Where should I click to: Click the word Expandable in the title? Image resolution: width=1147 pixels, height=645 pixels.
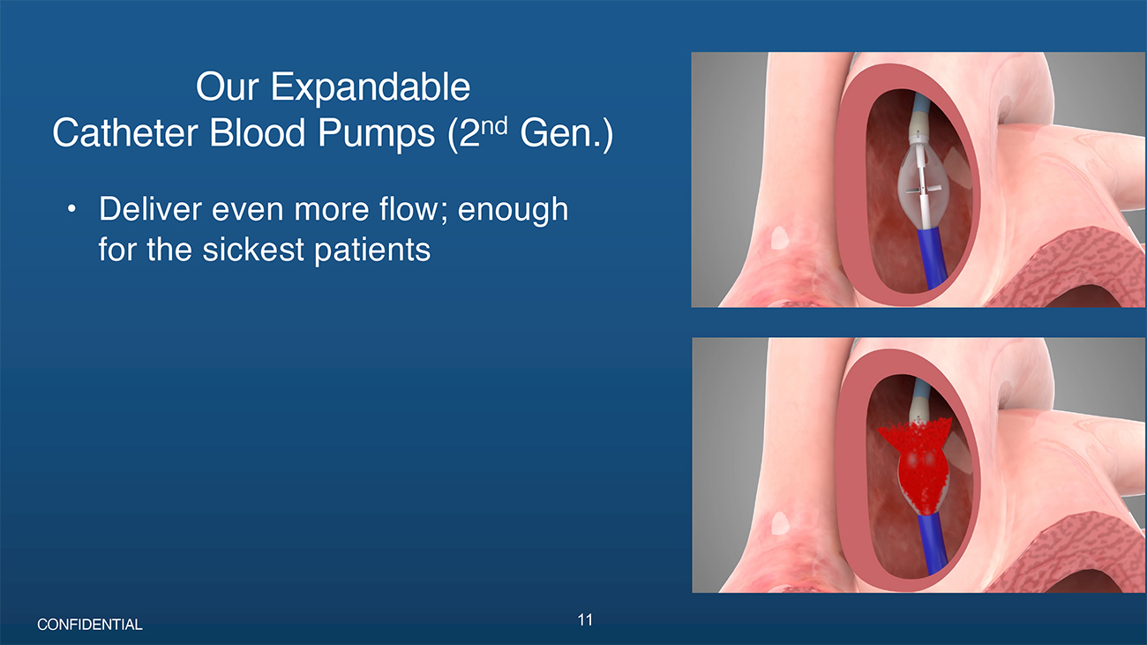coord(371,88)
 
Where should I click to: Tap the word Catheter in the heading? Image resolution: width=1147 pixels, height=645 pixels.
coord(124,133)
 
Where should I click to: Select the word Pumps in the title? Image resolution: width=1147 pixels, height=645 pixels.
coord(377,134)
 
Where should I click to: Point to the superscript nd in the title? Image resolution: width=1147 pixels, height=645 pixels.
coord(494,125)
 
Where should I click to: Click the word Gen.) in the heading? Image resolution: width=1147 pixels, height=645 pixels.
coord(566,134)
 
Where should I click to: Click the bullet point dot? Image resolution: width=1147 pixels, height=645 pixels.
coord(71,209)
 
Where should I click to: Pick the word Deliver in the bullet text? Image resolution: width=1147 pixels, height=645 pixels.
coord(151,209)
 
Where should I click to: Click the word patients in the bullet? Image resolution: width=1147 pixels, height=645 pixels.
coord(372,251)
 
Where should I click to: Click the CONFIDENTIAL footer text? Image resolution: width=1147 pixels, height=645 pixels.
coord(90,625)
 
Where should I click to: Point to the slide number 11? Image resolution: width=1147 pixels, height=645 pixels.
coord(585,620)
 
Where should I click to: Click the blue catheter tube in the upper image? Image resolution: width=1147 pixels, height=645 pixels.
coord(931,259)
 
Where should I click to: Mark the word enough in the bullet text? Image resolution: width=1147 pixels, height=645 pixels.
coord(513,211)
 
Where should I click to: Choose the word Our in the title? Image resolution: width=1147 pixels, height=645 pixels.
coord(228,88)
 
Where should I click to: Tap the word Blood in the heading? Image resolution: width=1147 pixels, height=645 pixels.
coord(257,133)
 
